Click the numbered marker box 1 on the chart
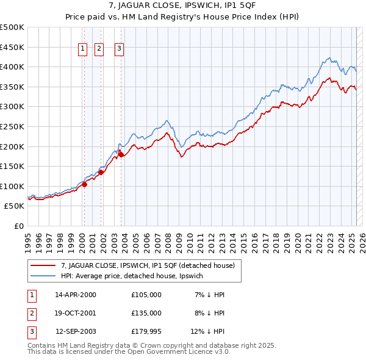click(x=82, y=50)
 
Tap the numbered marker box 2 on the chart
click(x=99, y=50)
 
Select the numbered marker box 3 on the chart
click(x=119, y=50)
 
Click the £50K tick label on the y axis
click(x=15, y=206)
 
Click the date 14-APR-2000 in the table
click(x=76, y=295)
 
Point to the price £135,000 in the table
click(x=146, y=314)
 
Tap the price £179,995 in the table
click(x=146, y=333)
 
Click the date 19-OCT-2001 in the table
click(x=76, y=314)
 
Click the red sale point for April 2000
click(x=84, y=185)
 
